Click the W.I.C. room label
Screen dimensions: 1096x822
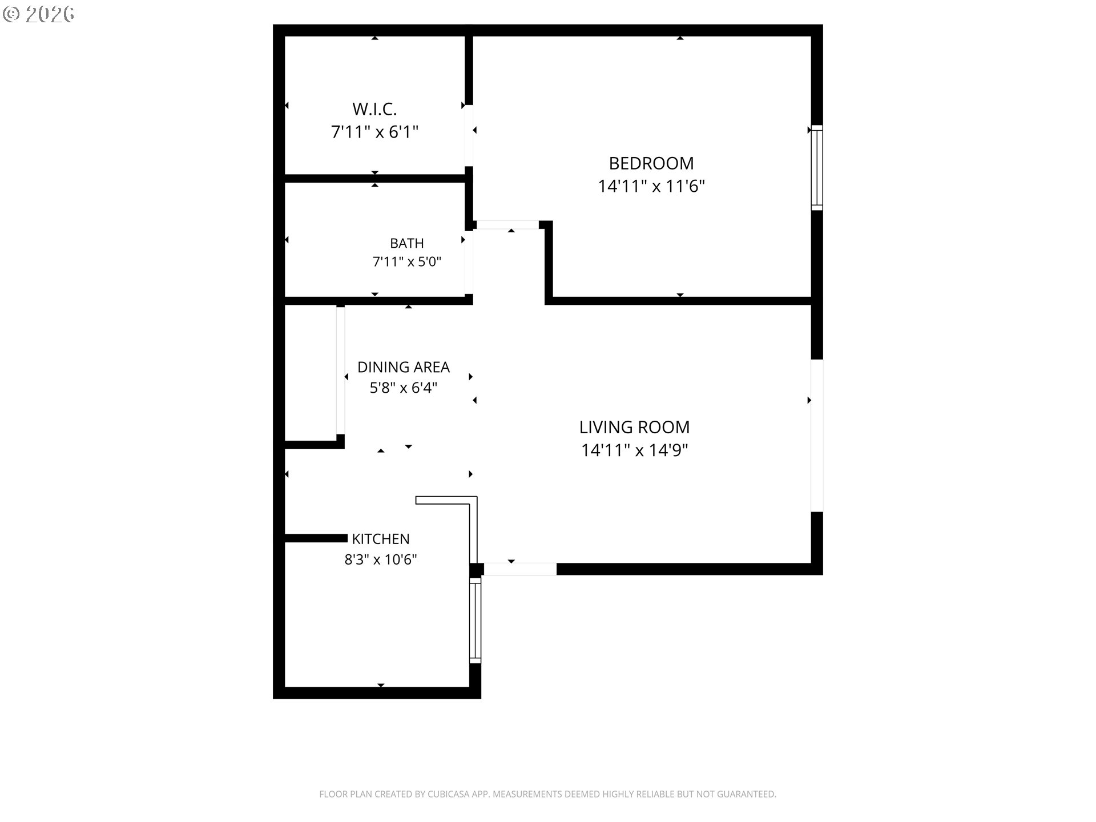(374, 108)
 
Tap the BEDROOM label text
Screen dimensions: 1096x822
(651, 163)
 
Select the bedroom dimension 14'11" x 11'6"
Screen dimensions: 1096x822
(651, 187)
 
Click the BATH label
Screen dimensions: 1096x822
(407, 243)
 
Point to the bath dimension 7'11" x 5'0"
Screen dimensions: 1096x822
(407, 262)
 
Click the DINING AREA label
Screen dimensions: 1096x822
(404, 367)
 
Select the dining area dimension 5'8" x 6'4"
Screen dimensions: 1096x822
(404, 388)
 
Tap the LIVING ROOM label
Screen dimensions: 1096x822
(634, 427)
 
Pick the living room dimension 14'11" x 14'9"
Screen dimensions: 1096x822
(634, 450)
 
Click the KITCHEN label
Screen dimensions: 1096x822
(381, 539)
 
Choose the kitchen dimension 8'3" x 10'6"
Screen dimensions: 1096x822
(381, 559)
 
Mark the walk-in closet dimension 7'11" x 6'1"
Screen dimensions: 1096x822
(374, 132)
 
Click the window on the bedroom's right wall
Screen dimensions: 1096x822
(817, 167)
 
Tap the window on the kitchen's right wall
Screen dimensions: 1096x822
(475, 620)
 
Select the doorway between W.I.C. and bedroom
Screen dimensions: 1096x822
(469, 135)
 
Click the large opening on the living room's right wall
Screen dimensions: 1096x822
(817, 436)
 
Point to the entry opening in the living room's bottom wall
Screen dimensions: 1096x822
(520, 569)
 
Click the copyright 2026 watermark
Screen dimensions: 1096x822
(39, 14)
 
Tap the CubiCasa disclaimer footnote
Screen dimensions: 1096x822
(547, 794)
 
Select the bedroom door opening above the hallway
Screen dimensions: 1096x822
(507, 225)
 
